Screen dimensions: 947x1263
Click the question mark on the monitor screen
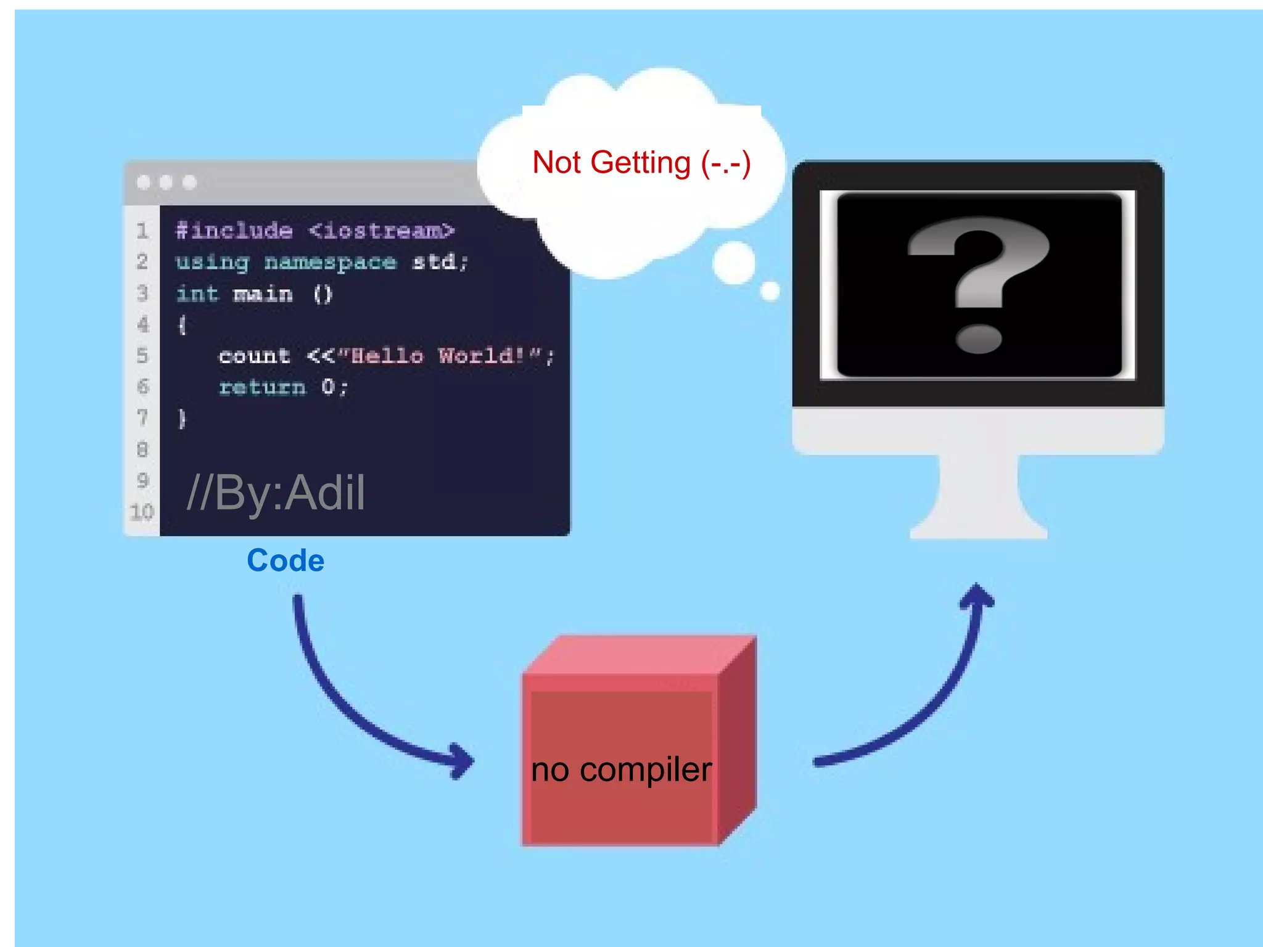(x=979, y=284)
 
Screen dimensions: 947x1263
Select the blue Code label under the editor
(x=286, y=560)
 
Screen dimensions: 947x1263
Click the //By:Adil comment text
(x=276, y=493)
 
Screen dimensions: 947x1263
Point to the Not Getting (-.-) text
(x=641, y=163)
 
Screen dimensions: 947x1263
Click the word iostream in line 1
(x=382, y=231)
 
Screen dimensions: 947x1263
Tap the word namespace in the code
(x=330, y=263)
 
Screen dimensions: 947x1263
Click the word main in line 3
(x=263, y=294)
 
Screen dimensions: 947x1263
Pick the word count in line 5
(x=254, y=356)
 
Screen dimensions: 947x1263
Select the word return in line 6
(x=262, y=387)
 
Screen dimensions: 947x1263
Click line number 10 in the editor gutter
(x=142, y=512)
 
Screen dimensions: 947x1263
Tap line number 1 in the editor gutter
(x=142, y=231)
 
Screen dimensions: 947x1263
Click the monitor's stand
(x=979, y=499)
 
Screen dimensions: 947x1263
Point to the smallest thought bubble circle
(x=770, y=290)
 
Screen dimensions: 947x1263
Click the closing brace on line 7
(x=182, y=419)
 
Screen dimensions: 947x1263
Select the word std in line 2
(x=434, y=262)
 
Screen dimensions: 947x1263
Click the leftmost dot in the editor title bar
(x=143, y=182)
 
